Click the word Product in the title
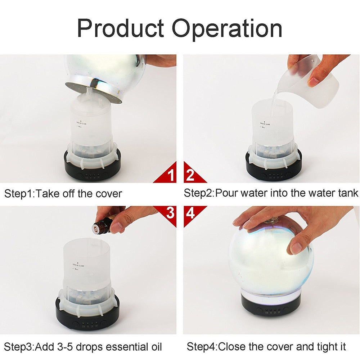coord(121,29)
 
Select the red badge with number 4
coord(191,213)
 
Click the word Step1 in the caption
coord(18,194)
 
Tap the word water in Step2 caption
coord(253,193)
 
